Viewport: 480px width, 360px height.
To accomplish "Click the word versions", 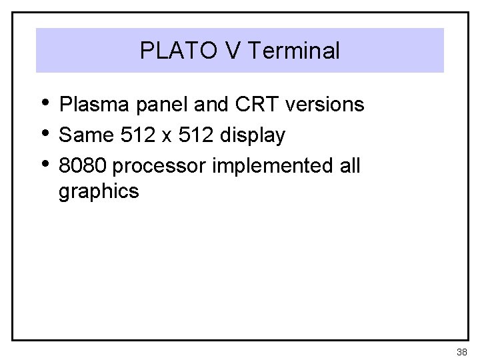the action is (x=325, y=105).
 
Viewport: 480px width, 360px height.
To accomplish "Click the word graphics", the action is (x=99, y=193).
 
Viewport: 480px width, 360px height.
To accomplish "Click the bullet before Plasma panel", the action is (x=44, y=102).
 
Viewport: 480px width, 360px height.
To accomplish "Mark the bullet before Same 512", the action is (x=44, y=133).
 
